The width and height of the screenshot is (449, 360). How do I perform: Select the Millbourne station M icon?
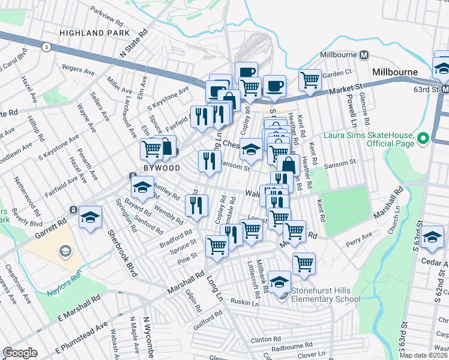364,55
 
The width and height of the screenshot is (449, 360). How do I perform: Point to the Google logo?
20,353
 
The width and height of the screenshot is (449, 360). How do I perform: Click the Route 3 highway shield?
46,46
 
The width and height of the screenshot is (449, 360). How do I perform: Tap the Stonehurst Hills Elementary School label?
325,294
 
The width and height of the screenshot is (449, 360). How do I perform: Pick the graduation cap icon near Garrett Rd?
90,217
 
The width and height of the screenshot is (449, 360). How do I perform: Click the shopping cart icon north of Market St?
310,79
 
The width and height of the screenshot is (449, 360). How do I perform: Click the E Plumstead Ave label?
81,337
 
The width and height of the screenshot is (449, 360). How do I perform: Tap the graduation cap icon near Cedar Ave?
432,236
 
